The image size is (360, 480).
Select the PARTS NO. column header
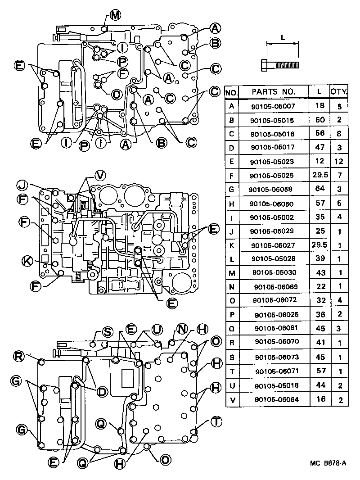273,91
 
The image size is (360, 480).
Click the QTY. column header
339,91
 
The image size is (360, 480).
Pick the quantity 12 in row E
339,161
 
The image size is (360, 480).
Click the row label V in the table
231,399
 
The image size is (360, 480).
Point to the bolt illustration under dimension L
279,65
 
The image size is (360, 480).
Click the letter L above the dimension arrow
282,39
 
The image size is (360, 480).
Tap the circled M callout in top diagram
115,16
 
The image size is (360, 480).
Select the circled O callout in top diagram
116,95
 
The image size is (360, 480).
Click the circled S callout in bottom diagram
107,332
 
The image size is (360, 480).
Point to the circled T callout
216,421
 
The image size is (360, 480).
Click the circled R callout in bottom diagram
18,357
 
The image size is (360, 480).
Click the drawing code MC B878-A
328,463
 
